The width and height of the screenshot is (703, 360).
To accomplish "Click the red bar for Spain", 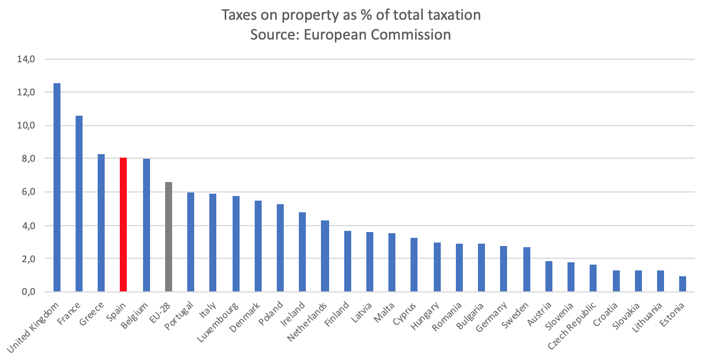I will pyautogui.click(x=123, y=224).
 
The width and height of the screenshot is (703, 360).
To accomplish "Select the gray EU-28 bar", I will pyautogui.click(x=168, y=237).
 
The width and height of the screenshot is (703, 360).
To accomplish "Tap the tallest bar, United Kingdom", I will pyautogui.click(x=56, y=187).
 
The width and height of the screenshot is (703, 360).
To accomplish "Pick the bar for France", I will pyautogui.click(x=79, y=204).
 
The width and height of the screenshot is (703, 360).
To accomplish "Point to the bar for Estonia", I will pyautogui.click(x=682, y=284).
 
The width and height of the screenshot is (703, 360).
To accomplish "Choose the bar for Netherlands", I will pyautogui.click(x=324, y=256).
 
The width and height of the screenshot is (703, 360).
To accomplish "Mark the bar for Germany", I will pyautogui.click(x=504, y=269).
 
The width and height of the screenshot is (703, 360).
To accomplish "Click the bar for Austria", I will pyautogui.click(x=548, y=276).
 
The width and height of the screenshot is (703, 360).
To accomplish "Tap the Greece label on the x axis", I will pyautogui.click(x=94, y=311).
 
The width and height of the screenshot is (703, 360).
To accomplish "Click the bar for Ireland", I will pyautogui.click(x=302, y=252).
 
